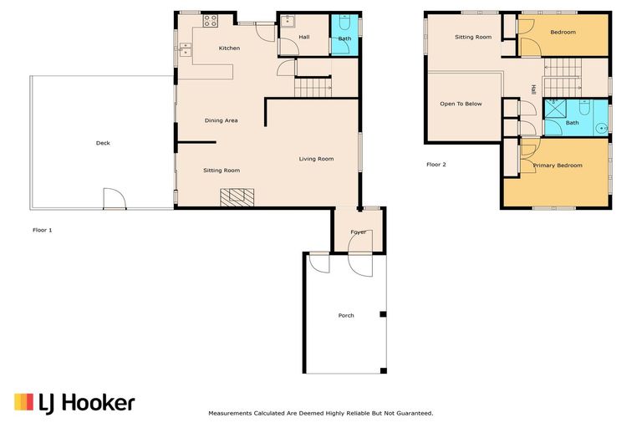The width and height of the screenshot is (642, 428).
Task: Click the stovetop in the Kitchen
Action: point(210,22)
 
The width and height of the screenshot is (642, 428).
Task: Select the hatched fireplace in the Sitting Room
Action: point(237,197)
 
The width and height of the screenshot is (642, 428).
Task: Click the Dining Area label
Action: point(222,120)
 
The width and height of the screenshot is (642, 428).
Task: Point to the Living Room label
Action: point(317,159)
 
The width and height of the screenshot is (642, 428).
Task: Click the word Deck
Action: point(103,143)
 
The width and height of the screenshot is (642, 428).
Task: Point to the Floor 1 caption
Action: point(43,229)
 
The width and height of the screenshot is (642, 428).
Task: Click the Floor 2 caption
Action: point(436,165)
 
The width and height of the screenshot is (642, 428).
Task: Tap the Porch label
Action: point(346,315)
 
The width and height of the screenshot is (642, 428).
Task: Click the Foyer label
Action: point(359,232)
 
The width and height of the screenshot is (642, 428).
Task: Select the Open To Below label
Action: point(461,104)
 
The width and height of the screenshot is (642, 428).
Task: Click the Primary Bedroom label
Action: point(558,166)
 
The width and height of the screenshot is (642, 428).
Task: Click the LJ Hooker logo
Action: point(74,403)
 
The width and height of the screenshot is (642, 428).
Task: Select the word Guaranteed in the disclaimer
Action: point(410,413)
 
